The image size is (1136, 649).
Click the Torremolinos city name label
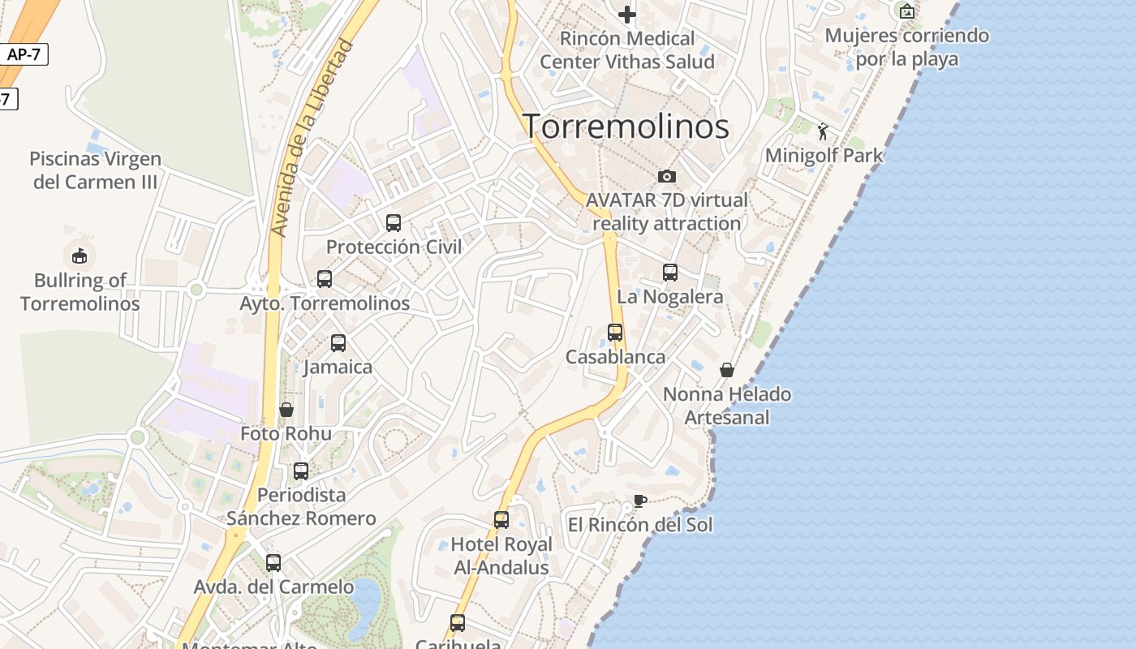click(626, 127)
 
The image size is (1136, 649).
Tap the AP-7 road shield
click(24, 55)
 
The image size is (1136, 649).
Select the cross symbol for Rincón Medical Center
click(627, 15)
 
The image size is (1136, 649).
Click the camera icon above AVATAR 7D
click(666, 176)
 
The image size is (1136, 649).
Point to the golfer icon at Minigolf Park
click(824, 131)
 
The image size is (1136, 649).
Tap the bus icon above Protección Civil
click(394, 222)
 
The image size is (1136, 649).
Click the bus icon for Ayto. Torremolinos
click(325, 279)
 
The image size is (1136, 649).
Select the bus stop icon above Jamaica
click(338, 343)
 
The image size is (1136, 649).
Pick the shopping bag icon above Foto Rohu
click(286, 410)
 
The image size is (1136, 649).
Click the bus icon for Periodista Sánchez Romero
click(301, 471)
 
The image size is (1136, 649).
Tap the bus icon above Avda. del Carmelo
click(273, 562)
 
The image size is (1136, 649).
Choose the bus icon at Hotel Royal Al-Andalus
click(501, 520)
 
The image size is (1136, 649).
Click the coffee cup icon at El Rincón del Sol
click(639, 501)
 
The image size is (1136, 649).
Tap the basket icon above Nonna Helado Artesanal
click(727, 370)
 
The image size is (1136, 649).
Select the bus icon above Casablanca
click(615, 333)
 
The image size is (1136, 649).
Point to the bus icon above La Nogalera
click(670, 273)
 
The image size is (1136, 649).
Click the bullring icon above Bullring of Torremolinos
click(80, 256)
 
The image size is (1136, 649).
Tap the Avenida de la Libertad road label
click(312, 138)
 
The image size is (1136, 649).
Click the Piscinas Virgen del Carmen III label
click(96, 170)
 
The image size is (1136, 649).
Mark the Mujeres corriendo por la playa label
click(906, 47)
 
